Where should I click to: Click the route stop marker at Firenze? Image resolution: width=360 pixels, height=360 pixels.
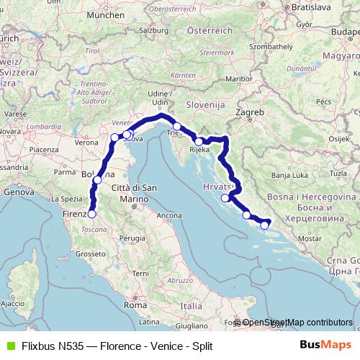(91, 213)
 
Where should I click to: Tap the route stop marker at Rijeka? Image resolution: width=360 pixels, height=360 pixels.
(199, 142)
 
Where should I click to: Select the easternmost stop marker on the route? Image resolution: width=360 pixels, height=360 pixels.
(264, 225)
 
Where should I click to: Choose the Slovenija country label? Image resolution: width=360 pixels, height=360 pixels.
(206, 105)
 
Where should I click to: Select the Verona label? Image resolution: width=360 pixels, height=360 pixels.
(86, 143)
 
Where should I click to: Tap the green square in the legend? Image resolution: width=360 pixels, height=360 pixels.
(9, 346)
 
